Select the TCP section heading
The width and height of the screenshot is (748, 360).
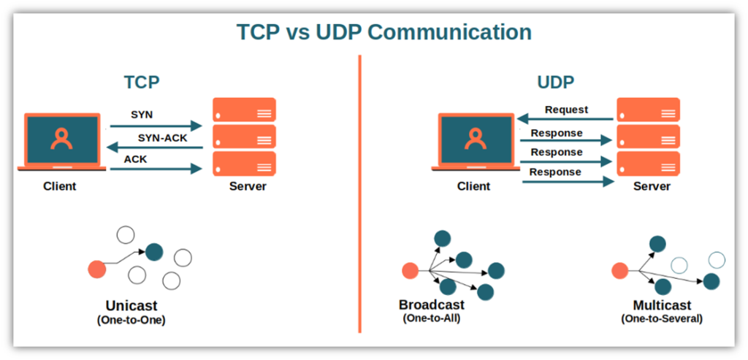pyautogui.click(x=142, y=82)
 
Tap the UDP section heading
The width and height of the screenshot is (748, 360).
pyautogui.click(x=555, y=82)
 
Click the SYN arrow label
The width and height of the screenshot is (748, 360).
pyautogui.click(x=142, y=115)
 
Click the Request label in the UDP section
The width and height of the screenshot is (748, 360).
pyautogui.click(x=566, y=110)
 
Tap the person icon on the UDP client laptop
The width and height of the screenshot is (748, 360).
pyautogui.click(x=476, y=139)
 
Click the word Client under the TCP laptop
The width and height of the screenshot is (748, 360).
pyautogui.click(x=59, y=186)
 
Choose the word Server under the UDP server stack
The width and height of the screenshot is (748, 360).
pyautogui.click(x=652, y=186)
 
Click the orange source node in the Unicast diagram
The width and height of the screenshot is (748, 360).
pyautogui.click(x=96, y=269)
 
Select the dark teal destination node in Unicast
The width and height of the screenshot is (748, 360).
pyautogui.click(x=154, y=253)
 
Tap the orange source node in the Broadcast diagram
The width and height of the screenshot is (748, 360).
pyautogui.click(x=410, y=271)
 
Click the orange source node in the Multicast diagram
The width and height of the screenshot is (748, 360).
pyautogui.click(x=619, y=271)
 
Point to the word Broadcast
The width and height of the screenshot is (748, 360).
pyautogui.click(x=431, y=305)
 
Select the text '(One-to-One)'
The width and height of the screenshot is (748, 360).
pyautogui.click(x=131, y=319)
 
